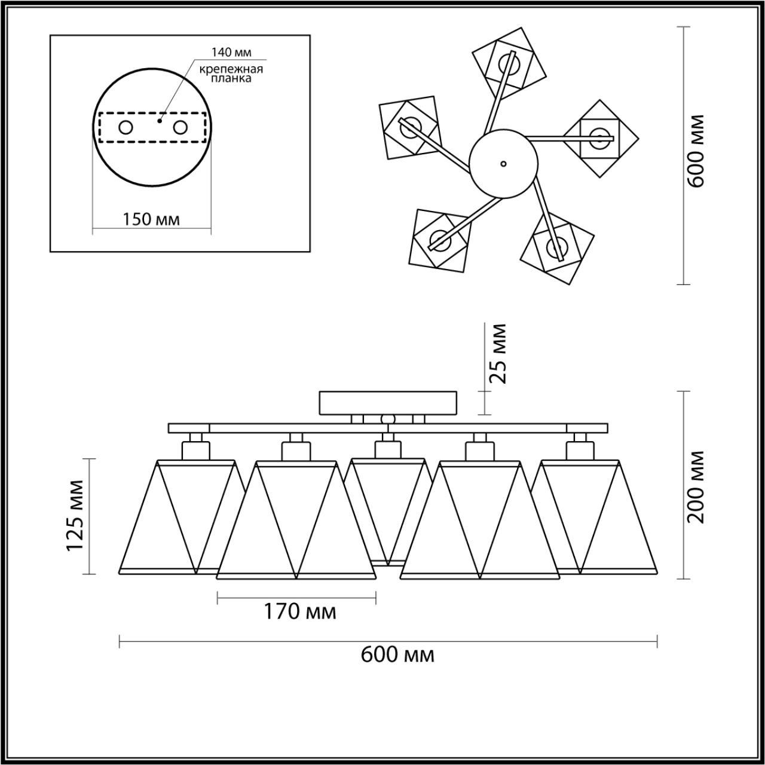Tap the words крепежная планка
(231, 74)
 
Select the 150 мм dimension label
(151, 219)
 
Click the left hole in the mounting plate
(126, 127)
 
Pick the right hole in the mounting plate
(180, 127)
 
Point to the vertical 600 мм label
(696, 151)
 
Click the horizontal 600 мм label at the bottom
(397, 655)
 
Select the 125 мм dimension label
(76, 516)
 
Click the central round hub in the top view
(504, 163)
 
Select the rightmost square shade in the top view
(599, 138)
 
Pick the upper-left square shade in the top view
(410, 128)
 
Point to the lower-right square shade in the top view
(557, 247)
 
